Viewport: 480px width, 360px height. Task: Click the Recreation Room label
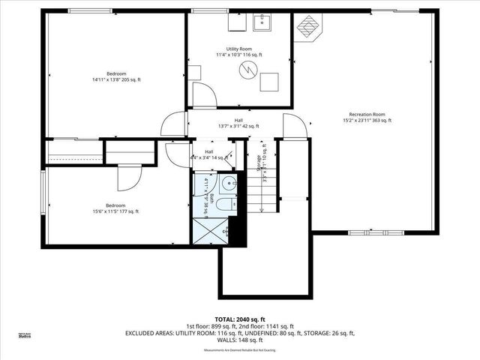coord(367,116)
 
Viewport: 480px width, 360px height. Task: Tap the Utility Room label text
coord(238,51)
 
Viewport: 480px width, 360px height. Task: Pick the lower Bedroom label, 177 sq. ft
coord(115,208)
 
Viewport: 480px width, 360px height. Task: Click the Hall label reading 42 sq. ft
coord(238,123)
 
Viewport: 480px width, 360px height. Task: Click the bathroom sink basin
coord(228,182)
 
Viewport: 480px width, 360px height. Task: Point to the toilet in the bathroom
coord(228,205)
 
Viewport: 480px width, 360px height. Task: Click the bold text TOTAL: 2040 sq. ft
coord(240,319)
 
